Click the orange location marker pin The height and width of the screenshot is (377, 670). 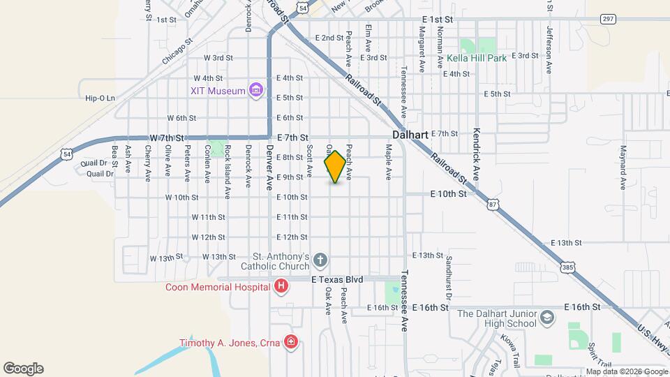(x=335, y=167)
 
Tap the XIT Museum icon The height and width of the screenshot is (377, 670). (x=256, y=91)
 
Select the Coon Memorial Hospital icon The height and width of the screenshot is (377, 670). (x=281, y=286)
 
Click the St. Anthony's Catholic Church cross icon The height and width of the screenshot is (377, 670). (x=320, y=261)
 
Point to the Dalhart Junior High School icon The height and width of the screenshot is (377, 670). (x=548, y=318)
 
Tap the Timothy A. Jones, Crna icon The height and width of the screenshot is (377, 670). (x=290, y=342)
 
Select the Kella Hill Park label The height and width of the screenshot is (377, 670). (x=477, y=59)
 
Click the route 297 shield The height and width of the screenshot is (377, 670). (x=608, y=19)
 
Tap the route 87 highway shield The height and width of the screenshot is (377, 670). (x=494, y=204)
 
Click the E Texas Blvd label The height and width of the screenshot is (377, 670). (x=337, y=279)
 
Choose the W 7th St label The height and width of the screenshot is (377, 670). (x=166, y=138)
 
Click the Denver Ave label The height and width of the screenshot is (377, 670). (x=270, y=172)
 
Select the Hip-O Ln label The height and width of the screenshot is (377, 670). (x=100, y=98)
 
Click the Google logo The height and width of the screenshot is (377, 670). (x=24, y=368)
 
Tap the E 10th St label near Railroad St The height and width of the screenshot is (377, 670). (x=448, y=193)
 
